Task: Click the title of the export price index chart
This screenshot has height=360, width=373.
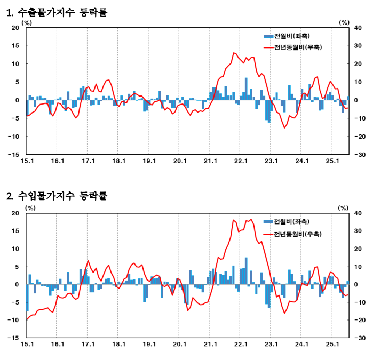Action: click(57, 12)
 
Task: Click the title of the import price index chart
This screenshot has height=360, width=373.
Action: click(57, 196)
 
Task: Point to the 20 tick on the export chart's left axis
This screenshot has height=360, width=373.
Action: click(15, 28)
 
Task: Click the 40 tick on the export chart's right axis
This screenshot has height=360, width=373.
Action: click(359, 28)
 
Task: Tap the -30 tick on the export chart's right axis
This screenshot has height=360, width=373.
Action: click(358, 154)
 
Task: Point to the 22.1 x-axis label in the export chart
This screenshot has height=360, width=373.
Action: click(241, 161)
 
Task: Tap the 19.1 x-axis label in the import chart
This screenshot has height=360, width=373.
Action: click(149, 345)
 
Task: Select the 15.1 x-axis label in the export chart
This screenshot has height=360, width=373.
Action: click(27, 161)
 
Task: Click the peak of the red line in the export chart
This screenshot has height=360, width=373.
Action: click(234, 53)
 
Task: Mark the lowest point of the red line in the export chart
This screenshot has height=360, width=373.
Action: click(284, 127)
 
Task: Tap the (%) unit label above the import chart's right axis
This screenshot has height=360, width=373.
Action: click(344, 207)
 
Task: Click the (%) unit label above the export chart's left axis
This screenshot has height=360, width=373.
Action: click(27, 22)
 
